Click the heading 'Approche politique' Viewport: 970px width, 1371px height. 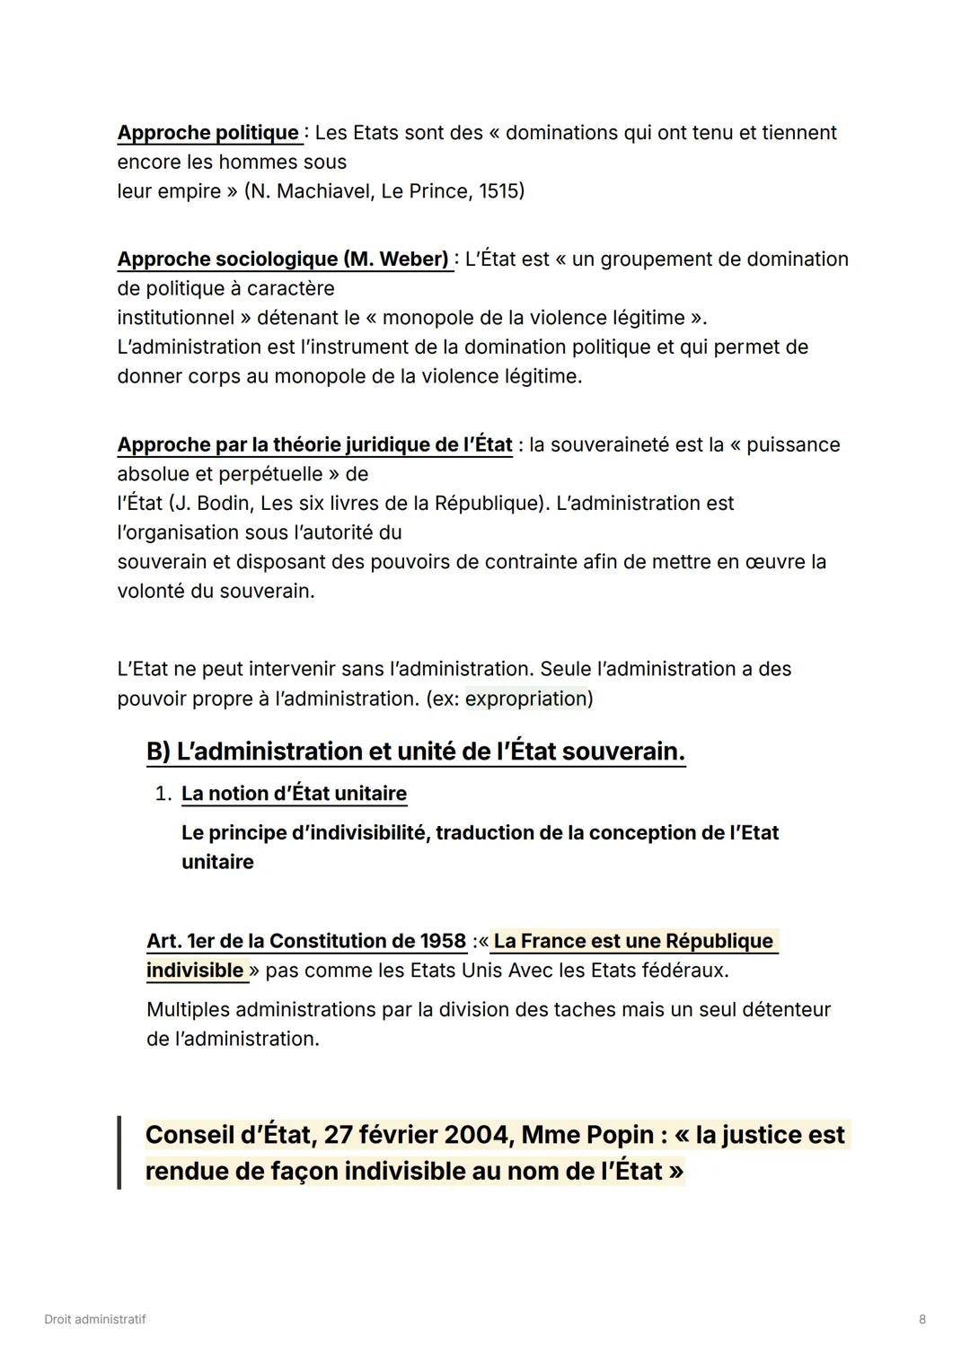pyautogui.click(x=208, y=133)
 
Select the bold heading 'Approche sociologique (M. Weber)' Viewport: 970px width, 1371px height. pyautogui.click(x=283, y=259)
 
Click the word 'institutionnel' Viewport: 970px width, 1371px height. pyautogui.click(x=176, y=318)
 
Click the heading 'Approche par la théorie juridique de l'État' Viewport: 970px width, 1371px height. pyautogui.click(x=314, y=445)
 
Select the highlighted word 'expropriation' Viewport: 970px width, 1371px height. pyautogui.click(x=525, y=699)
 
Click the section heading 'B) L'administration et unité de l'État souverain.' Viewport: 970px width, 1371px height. pyautogui.click(x=415, y=751)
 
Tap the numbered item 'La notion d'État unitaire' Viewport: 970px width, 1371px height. pyautogui.click(x=294, y=794)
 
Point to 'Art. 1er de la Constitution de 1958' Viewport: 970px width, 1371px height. pyautogui.click(x=306, y=941)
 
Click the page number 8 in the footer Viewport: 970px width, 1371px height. pyautogui.click(x=922, y=1320)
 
